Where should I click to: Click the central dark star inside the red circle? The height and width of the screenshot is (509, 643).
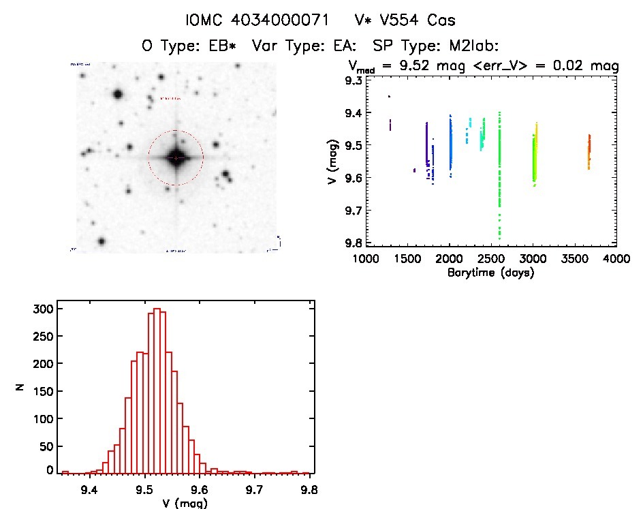click(x=176, y=157)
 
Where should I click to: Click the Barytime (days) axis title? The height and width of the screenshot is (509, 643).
click(x=490, y=273)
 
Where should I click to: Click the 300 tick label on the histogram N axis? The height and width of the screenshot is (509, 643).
click(x=43, y=309)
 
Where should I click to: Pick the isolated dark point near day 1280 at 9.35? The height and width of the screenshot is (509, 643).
click(x=389, y=97)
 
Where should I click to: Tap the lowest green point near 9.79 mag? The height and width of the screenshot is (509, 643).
click(x=499, y=238)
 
